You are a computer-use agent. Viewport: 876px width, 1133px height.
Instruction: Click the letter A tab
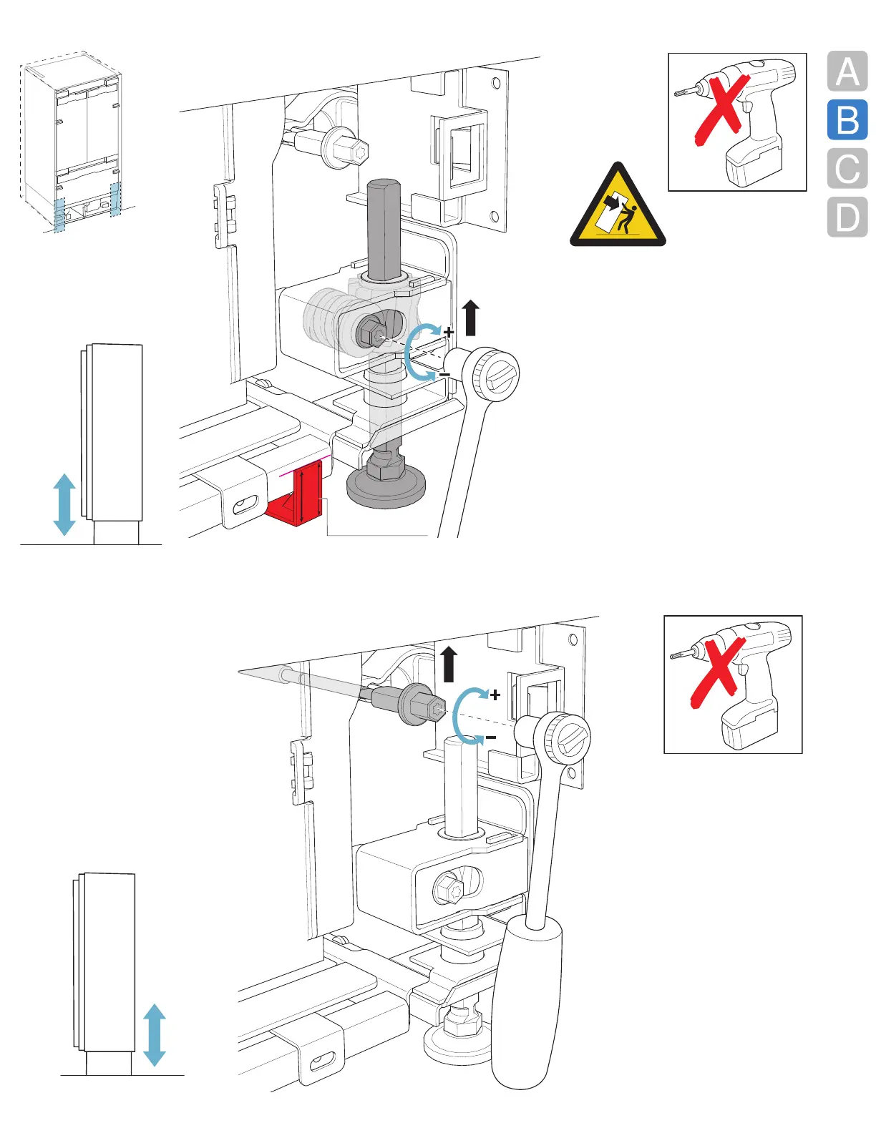847,72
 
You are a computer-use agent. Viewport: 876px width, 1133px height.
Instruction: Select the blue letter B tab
847,120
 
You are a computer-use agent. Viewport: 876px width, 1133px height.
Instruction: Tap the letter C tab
847,169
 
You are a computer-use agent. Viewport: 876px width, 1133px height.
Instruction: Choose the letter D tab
847,217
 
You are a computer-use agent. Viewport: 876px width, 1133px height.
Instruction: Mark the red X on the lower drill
716,672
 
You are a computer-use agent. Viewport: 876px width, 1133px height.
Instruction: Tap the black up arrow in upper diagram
470,318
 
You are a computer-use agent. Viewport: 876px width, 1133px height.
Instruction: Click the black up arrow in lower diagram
449,664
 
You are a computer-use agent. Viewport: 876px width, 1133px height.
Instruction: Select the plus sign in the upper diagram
449,332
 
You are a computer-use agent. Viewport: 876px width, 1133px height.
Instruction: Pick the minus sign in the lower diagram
491,737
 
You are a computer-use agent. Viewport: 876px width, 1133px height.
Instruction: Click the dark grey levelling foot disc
386,487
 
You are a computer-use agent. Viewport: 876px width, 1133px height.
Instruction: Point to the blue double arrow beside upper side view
64,504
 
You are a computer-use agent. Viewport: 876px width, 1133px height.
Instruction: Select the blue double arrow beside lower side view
155,1035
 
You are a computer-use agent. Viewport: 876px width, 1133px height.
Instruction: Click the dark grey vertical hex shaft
383,229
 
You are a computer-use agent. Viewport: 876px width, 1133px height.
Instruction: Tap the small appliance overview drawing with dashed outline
71,143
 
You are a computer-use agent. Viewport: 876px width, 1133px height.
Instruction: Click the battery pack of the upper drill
751,162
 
